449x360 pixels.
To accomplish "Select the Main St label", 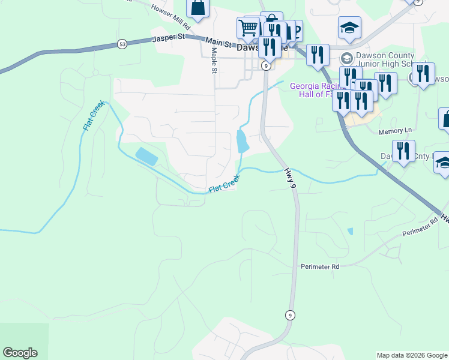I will [218, 42].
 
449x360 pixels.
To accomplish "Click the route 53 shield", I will [122, 44].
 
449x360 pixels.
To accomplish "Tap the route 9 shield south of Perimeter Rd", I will [290, 314].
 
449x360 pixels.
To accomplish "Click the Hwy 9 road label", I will [291, 178].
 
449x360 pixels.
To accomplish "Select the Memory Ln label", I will [396, 130].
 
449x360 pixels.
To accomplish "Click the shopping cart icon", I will [248, 26].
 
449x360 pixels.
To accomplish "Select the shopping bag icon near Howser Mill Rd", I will [197, 8].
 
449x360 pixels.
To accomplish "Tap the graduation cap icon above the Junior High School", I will [349, 27].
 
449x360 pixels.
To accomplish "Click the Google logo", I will [20, 353].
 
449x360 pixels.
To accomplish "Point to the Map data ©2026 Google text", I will [411, 355].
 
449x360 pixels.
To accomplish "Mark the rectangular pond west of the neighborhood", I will [146, 157].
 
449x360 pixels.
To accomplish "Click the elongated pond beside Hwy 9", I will [243, 142].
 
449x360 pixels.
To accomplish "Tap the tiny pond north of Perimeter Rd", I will [350, 231].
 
